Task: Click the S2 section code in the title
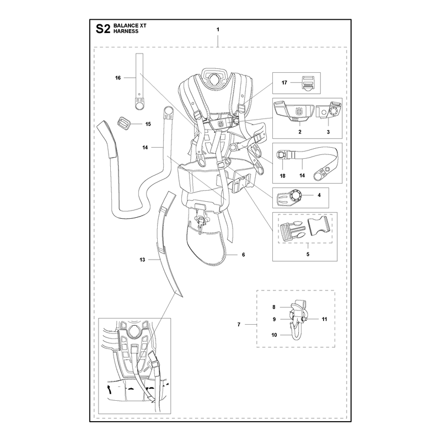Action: pyautogui.click(x=103, y=29)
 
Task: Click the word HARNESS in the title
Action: pyautogui.click(x=126, y=31)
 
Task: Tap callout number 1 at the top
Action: pyautogui.click(x=218, y=30)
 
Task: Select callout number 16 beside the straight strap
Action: pyautogui.click(x=118, y=78)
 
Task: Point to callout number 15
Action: pyautogui.click(x=148, y=124)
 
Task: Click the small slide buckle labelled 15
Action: pyautogui.click(x=123, y=123)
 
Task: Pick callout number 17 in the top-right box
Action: pyautogui.click(x=284, y=82)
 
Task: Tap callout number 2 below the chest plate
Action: pyautogui.click(x=300, y=132)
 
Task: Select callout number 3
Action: pyautogui.click(x=328, y=132)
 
